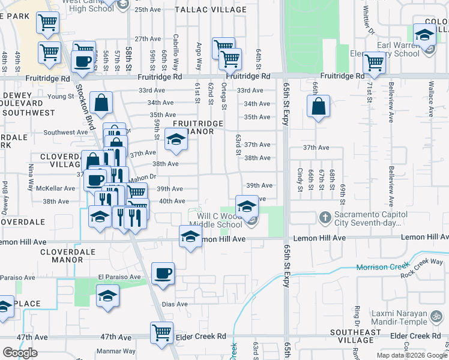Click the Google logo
(20, 353)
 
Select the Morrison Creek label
(382, 267)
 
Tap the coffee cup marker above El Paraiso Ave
(163, 273)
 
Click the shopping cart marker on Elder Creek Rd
(161, 332)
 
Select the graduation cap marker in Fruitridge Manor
(176, 139)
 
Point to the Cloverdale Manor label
(62, 256)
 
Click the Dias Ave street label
(175, 304)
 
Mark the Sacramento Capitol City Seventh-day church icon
(325, 217)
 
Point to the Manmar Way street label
(117, 352)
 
